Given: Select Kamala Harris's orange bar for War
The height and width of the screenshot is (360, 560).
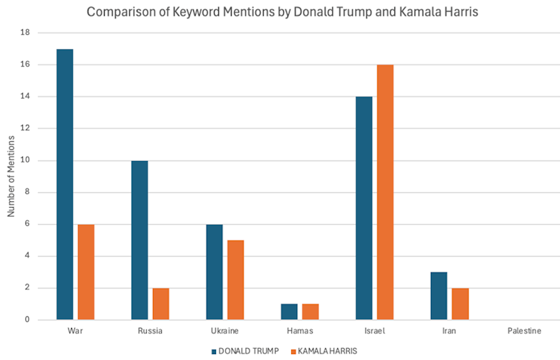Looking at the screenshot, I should [x=85, y=272].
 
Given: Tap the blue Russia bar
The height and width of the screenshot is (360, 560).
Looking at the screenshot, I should [x=140, y=240].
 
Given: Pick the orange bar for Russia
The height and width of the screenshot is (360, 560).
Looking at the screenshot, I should [x=160, y=304].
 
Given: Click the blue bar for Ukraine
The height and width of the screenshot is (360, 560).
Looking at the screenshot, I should [x=214, y=272].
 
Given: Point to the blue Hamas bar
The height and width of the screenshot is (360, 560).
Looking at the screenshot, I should [x=289, y=312].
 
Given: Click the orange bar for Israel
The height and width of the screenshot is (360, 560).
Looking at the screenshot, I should [x=385, y=192].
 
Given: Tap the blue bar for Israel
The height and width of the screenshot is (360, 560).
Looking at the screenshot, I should [x=364, y=208].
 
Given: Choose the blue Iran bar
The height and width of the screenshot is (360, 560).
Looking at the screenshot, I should [x=438, y=295].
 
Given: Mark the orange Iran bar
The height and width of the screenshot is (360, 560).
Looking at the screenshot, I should [x=460, y=304].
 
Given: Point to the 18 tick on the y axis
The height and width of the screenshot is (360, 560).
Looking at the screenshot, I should [x=24, y=33].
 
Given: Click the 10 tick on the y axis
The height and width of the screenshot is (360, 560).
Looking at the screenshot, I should [x=24, y=160].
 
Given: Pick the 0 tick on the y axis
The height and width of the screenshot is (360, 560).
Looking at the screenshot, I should [x=26, y=320].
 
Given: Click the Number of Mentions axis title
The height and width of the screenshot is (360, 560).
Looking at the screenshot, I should [x=11, y=176].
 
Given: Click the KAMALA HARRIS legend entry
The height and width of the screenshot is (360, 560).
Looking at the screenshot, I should [x=326, y=350].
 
